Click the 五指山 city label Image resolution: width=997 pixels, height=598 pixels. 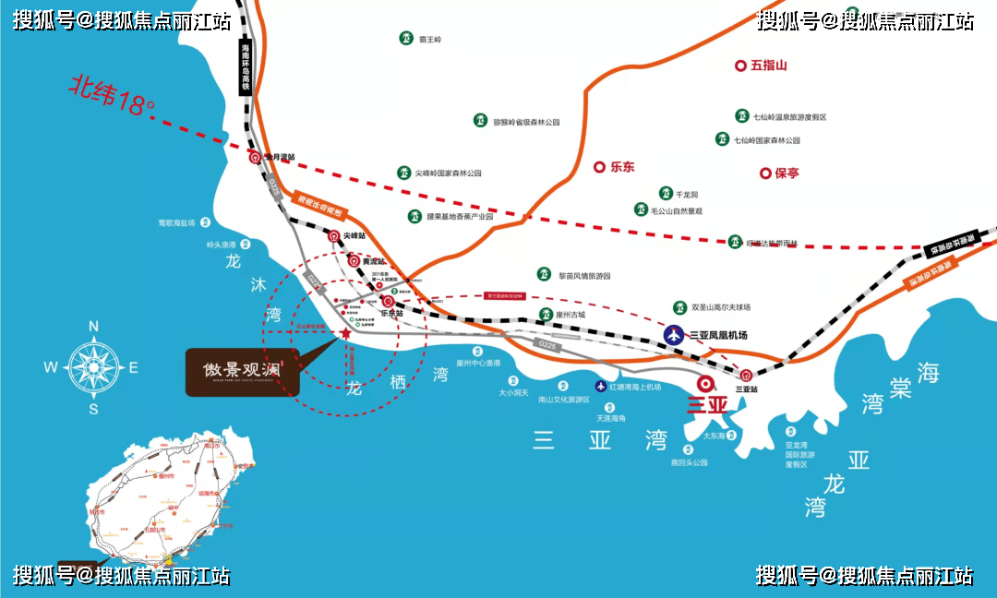tap(768, 66)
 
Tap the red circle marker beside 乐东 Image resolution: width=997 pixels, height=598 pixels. tap(599, 167)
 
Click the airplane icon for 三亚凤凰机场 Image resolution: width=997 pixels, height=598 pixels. tap(675, 334)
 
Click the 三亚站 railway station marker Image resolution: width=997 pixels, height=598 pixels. tap(746, 375)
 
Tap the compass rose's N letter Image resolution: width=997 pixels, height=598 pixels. tap(92, 326)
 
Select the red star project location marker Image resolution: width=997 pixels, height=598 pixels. tap(345, 332)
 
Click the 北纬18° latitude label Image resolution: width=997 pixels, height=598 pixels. tap(112, 95)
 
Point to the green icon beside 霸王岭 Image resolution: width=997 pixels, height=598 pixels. tap(405, 39)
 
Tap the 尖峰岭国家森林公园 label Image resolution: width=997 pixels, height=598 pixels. tap(449, 173)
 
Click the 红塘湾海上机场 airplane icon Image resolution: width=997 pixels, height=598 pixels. tap(601, 386)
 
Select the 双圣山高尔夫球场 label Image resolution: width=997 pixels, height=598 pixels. tap(721, 307)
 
